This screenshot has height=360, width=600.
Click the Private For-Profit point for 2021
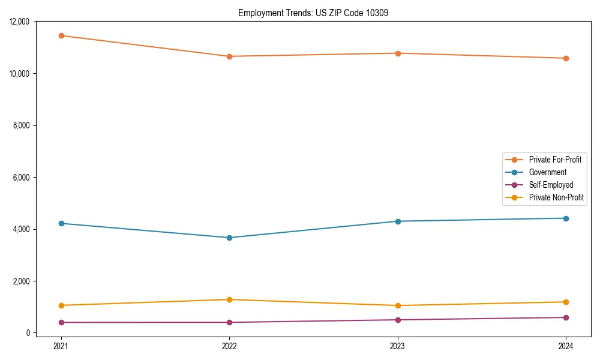click(x=61, y=35)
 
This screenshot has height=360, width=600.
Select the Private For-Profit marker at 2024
click(x=566, y=58)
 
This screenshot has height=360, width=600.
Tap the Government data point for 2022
click(x=229, y=238)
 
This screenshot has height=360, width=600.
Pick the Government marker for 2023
click(x=398, y=221)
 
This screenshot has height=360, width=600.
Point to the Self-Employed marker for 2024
click(x=566, y=317)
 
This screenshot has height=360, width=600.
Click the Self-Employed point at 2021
click(x=61, y=322)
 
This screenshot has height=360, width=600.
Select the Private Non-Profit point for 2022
click(x=229, y=299)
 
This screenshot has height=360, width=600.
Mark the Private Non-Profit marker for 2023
click(x=398, y=305)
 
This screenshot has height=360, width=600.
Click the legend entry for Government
click(x=547, y=172)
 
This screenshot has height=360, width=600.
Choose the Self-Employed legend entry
click(x=551, y=185)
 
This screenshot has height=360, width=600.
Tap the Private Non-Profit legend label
click(x=556, y=197)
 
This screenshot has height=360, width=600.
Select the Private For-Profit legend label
click(x=555, y=160)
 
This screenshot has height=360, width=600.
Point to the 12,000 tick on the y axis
click(x=20, y=22)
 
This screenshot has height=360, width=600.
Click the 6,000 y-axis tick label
click(x=22, y=178)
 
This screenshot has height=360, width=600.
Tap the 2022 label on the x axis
click(x=229, y=346)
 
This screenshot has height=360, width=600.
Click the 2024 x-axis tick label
click(x=566, y=346)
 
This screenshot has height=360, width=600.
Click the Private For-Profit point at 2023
click(x=398, y=53)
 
